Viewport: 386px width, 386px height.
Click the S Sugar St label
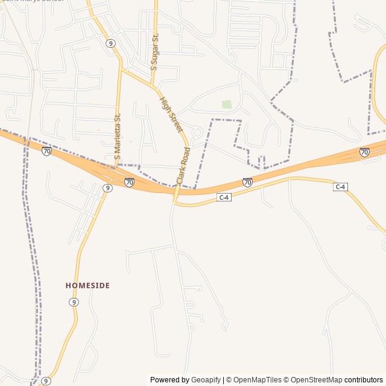(154, 52)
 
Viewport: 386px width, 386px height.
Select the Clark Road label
(183, 165)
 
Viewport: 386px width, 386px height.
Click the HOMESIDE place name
(87, 285)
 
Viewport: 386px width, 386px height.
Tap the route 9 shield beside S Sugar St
(110, 43)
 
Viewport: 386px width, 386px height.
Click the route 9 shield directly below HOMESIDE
(74, 302)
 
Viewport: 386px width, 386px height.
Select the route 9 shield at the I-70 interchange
(107, 188)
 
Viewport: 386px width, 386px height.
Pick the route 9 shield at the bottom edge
(46, 381)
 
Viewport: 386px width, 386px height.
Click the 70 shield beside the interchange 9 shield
(129, 182)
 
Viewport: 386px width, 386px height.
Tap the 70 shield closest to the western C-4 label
(247, 182)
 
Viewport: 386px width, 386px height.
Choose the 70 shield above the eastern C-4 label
(364, 152)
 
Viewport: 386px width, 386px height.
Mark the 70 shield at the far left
(46, 151)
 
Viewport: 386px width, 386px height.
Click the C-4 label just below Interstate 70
(224, 197)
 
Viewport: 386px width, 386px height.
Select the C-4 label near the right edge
(340, 187)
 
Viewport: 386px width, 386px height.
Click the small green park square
(227, 104)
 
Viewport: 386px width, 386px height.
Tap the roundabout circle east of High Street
(197, 132)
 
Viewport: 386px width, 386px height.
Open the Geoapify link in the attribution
(206, 380)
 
